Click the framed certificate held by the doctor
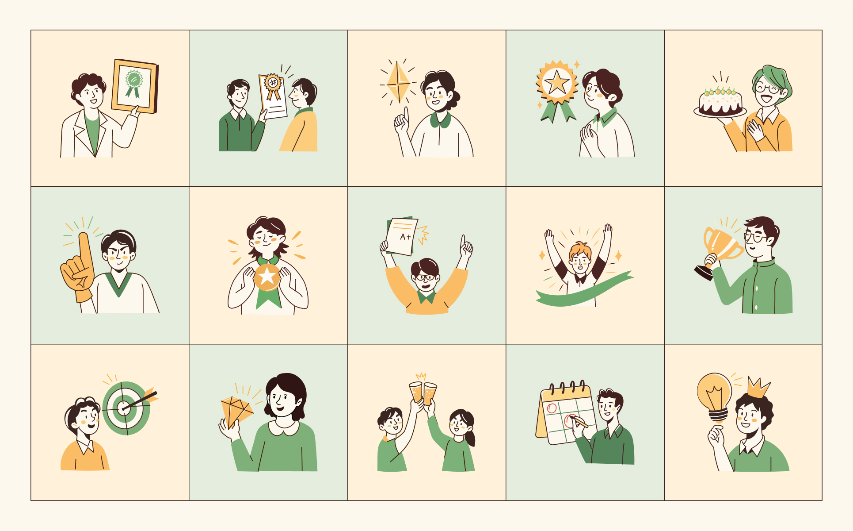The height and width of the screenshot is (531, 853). pos(135,86)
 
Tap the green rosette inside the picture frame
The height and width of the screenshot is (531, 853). pos(133,83)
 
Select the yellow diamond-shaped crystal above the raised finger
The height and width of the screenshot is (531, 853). pos(398,81)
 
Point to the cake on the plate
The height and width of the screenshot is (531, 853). pos(720,102)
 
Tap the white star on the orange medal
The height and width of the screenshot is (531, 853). pos(267,277)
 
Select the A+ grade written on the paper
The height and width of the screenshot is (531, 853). pos(406,237)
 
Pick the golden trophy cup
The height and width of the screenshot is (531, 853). pos(718,250)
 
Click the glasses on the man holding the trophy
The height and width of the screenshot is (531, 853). pos(756,237)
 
